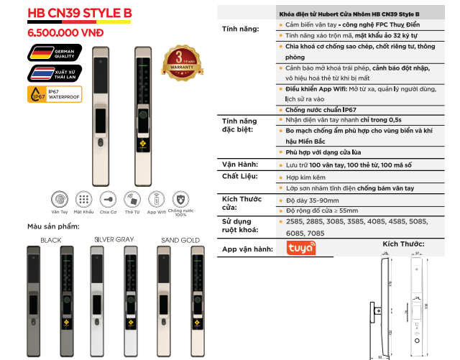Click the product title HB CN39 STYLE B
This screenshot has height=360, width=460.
[x=78, y=12]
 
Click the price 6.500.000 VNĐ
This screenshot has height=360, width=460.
[x=65, y=32]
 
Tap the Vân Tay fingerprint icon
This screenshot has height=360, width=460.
[x=60, y=199]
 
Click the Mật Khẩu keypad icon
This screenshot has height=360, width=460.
[x=84, y=199]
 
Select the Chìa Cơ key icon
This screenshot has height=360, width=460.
[x=108, y=199]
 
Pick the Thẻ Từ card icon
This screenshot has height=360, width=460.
[x=132, y=199]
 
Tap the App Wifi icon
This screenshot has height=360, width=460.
[x=157, y=199]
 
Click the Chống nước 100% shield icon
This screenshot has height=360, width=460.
[x=181, y=199]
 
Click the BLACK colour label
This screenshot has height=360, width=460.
[x=51, y=240]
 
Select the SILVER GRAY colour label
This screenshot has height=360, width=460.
[x=114, y=240]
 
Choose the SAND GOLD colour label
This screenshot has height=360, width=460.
[x=180, y=240]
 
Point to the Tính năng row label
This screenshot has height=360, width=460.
[x=240, y=28]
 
